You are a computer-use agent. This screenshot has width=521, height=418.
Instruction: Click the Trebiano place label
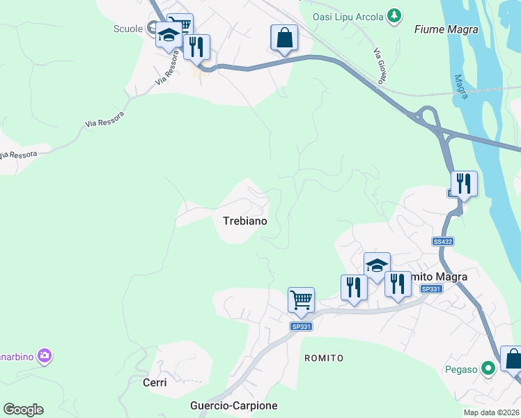pyautogui.click(x=244, y=221)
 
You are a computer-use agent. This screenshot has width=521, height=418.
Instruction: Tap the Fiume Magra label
pyautogui.click(x=446, y=29)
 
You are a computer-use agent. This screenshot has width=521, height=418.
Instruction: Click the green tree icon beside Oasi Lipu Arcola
pyautogui.click(x=395, y=15)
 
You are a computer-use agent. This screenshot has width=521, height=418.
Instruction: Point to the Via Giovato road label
pyautogui.click(x=380, y=67)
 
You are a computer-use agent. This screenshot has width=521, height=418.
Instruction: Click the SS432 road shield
pyautogui.click(x=442, y=242)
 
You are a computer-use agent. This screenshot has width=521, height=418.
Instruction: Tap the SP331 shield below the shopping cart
pyautogui.click(x=301, y=326)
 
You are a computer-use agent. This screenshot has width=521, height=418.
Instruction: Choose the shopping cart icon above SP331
pyautogui.click(x=301, y=300)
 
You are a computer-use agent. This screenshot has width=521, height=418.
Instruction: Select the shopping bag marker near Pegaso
pyautogui.click(x=513, y=359)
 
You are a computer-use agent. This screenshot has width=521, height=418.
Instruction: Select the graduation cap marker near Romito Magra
pyautogui.click(x=377, y=265)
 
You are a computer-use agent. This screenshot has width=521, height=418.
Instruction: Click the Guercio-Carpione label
pyautogui.click(x=233, y=405)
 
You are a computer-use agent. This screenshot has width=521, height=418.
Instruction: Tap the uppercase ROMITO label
pyautogui.click(x=324, y=357)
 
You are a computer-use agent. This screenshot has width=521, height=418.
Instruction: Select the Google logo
pyautogui.click(x=23, y=410)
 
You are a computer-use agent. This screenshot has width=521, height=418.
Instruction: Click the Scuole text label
pyautogui.click(x=127, y=29)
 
